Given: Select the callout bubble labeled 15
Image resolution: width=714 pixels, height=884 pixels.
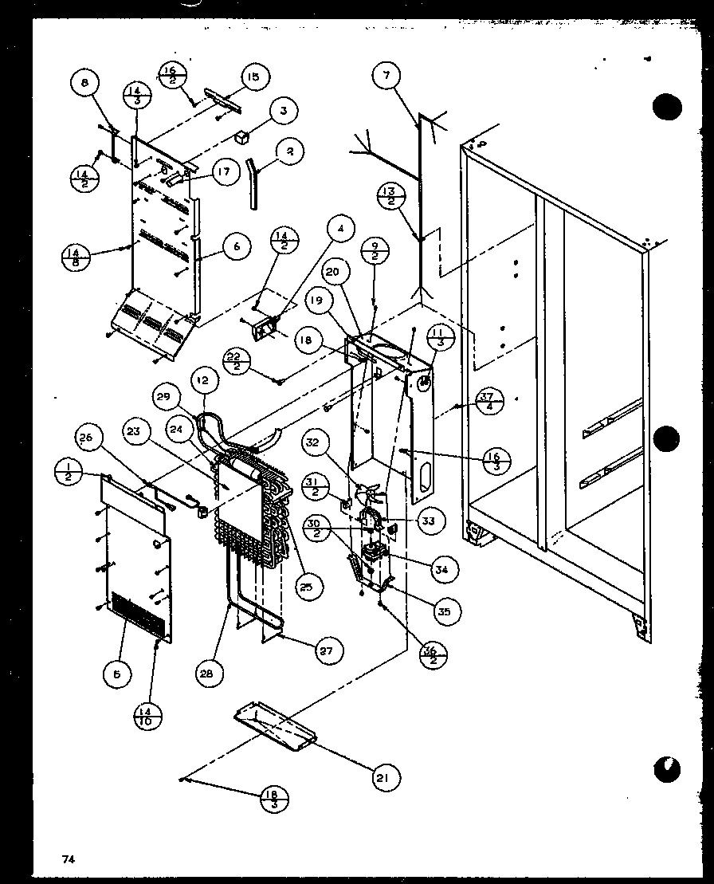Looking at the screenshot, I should [253, 77].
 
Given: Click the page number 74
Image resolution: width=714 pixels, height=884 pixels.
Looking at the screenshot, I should [69, 858].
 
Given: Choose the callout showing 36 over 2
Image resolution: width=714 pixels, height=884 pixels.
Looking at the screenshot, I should [433, 654].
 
